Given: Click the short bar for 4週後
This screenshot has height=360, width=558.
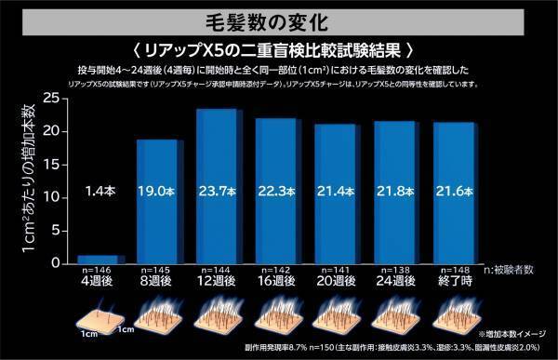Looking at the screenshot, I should [97, 260].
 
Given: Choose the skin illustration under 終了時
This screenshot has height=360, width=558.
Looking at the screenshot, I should [455, 314].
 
